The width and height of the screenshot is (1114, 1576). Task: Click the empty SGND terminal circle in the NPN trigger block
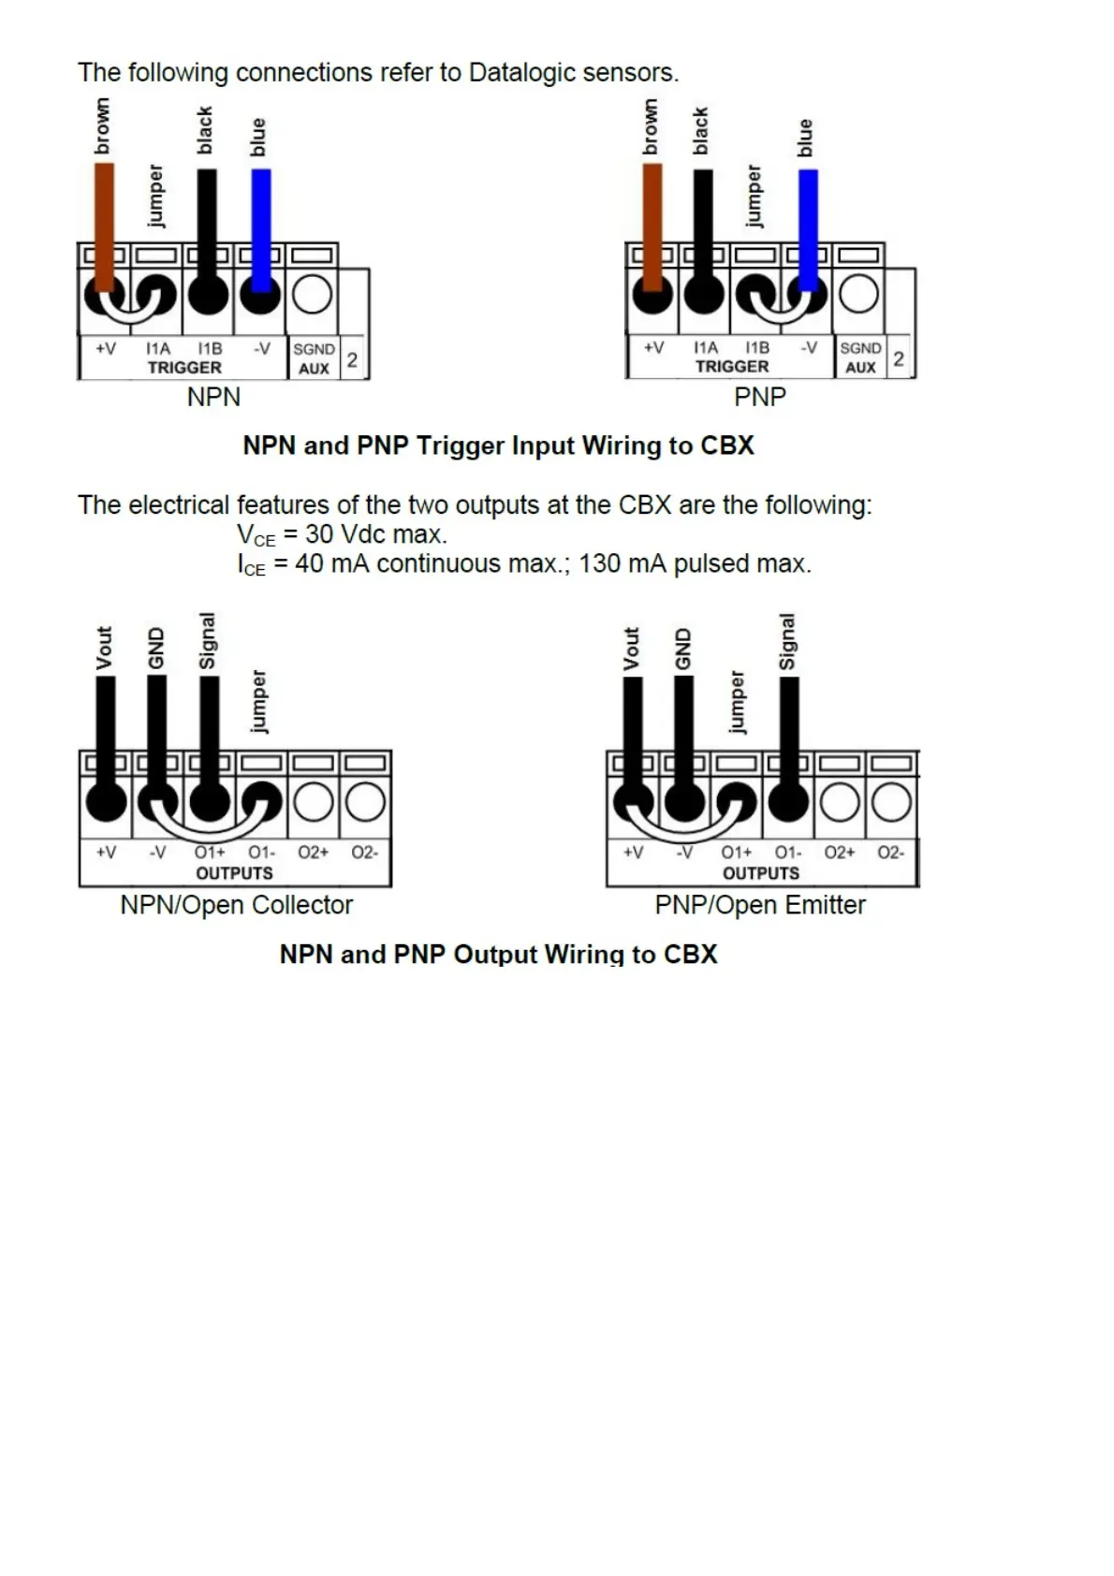tap(312, 295)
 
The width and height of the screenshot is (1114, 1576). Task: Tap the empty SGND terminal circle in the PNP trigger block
tap(858, 294)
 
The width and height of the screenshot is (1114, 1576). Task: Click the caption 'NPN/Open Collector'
tap(236, 905)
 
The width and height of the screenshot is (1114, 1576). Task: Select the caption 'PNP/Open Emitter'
tap(759, 905)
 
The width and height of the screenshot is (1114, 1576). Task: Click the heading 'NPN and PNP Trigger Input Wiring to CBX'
tap(498, 445)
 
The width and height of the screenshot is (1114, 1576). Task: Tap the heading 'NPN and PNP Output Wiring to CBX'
tap(498, 955)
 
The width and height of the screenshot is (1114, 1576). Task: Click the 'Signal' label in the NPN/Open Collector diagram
tap(208, 641)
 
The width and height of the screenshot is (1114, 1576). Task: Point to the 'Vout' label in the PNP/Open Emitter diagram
tap(632, 649)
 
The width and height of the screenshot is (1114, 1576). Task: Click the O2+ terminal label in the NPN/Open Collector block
tap(313, 853)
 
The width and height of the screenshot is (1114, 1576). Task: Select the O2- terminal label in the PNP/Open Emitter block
tap(890, 853)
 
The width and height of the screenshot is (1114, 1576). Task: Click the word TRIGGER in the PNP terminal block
tap(732, 367)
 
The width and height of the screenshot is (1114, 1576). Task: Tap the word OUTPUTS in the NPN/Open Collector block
tap(234, 873)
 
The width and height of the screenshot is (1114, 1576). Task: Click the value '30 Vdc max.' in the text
tap(376, 534)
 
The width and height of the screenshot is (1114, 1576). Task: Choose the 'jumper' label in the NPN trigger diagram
tap(155, 197)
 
